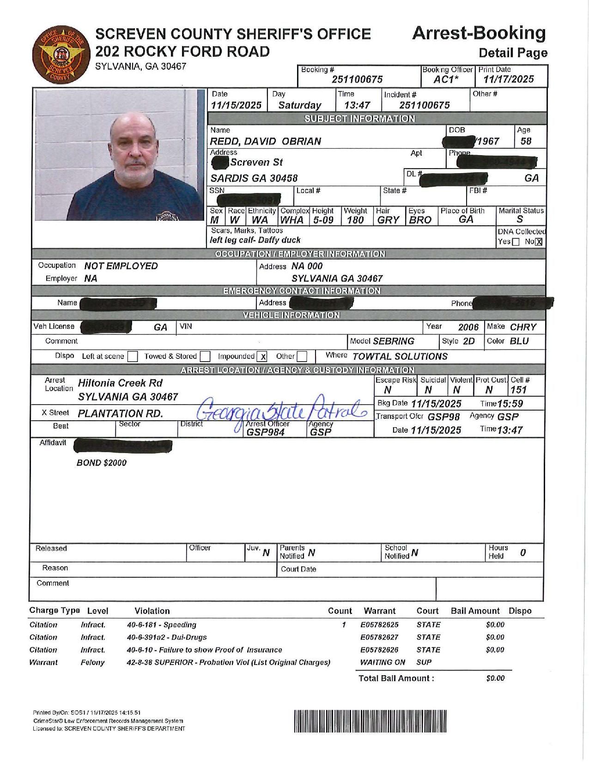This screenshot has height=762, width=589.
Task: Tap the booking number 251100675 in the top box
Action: (x=357, y=79)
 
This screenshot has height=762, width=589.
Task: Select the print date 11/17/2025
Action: (x=508, y=79)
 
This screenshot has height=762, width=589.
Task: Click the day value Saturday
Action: (x=299, y=105)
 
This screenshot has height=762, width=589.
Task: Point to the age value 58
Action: (x=526, y=141)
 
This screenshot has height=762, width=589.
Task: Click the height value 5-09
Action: (x=323, y=220)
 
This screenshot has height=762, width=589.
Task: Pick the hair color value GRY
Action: (x=388, y=220)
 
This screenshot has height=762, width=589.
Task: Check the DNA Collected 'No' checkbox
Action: (x=539, y=242)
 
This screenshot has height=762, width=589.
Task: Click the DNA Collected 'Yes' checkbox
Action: (x=516, y=242)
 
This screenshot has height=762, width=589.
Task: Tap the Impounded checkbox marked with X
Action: (x=262, y=357)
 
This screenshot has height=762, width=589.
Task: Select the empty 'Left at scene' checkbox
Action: (x=133, y=357)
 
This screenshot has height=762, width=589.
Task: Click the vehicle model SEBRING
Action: (x=394, y=341)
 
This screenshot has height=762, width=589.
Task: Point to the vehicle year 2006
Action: (x=468, y=327)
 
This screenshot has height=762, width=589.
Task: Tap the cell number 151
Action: (x=518, y=390)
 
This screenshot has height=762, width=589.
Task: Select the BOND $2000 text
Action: (x=102, y=463)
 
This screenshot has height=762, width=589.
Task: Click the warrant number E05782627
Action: (x=379, y=637)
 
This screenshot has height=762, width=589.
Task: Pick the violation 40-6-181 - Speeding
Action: (x=162, y=625)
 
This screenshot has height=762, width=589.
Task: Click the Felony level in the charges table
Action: (x=92, y=662)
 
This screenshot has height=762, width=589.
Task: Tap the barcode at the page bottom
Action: (x=370, y=721)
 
